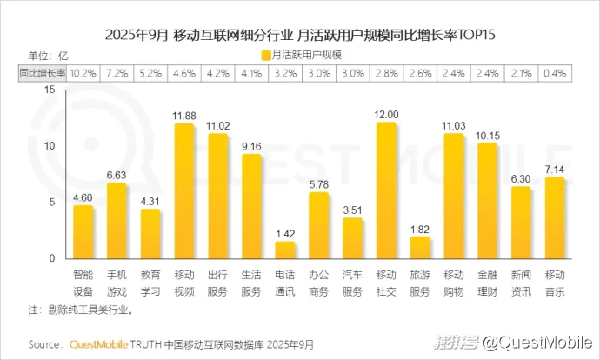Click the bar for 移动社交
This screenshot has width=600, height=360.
point(387,191)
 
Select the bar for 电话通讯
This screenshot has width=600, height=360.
point(285,250)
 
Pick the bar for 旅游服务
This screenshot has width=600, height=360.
point(420,248)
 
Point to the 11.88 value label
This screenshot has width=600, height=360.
point(183,116)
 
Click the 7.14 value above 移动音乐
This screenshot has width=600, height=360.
point(555,169)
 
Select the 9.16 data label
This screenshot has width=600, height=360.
point(251,146)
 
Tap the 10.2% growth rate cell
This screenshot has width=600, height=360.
point(83,74)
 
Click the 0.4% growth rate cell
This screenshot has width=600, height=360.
point(555,74)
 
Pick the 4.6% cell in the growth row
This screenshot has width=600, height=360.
point(183,74)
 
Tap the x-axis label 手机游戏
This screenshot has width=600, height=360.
point(117,281)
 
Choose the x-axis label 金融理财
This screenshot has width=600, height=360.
point(487,281)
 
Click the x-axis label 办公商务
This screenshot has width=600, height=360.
point(319,281)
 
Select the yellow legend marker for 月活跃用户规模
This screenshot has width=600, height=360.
point(264,55)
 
